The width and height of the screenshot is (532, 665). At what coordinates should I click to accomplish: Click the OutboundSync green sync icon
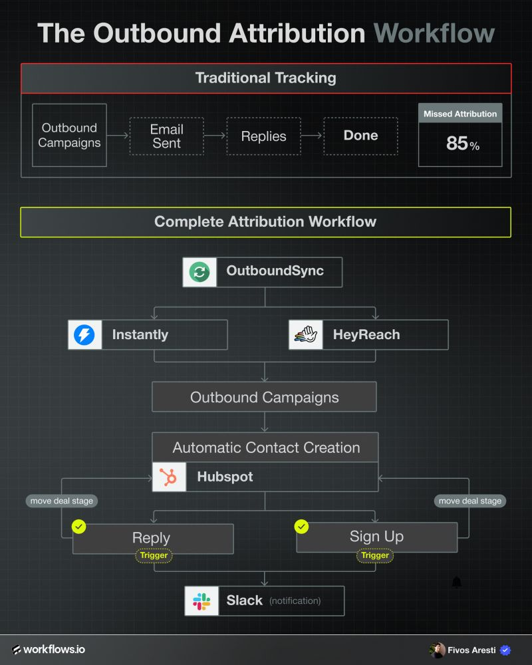tap(199, 271)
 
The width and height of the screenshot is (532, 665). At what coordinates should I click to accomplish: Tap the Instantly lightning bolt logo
tap(84, 334)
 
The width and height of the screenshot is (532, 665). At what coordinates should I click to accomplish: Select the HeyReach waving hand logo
tap(305, 334)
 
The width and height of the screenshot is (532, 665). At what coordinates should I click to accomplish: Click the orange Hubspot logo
tap(169, 477)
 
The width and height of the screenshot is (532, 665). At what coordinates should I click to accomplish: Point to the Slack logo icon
tap(201, 600)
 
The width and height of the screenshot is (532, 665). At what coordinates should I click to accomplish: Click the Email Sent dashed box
tap(166, 136)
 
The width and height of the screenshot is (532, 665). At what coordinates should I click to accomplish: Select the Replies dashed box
tap(263, 136)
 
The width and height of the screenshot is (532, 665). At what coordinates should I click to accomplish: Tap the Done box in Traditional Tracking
tap(360, 136)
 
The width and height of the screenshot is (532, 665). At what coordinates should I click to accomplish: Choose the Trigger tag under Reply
tap(153, 555)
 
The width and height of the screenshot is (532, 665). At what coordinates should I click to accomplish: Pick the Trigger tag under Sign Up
tap(375, 555)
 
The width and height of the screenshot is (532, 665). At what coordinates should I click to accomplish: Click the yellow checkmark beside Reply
tap(79, 527)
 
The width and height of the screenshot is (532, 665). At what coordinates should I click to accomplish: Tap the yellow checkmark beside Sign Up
tap(301, 527)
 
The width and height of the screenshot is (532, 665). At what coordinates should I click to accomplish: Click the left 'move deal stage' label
tap(60, 501)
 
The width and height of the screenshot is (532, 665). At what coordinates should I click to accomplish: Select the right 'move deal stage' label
tap(470, 501)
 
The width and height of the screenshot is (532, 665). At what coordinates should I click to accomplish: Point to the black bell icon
tap(456, 583)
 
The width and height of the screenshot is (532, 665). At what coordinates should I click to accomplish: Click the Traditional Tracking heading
tap(265, 78)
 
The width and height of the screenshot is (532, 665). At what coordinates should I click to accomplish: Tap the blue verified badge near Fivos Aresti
tap(505, 650)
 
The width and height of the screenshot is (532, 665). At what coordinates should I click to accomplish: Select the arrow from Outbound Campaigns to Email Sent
tap(118, 136)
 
